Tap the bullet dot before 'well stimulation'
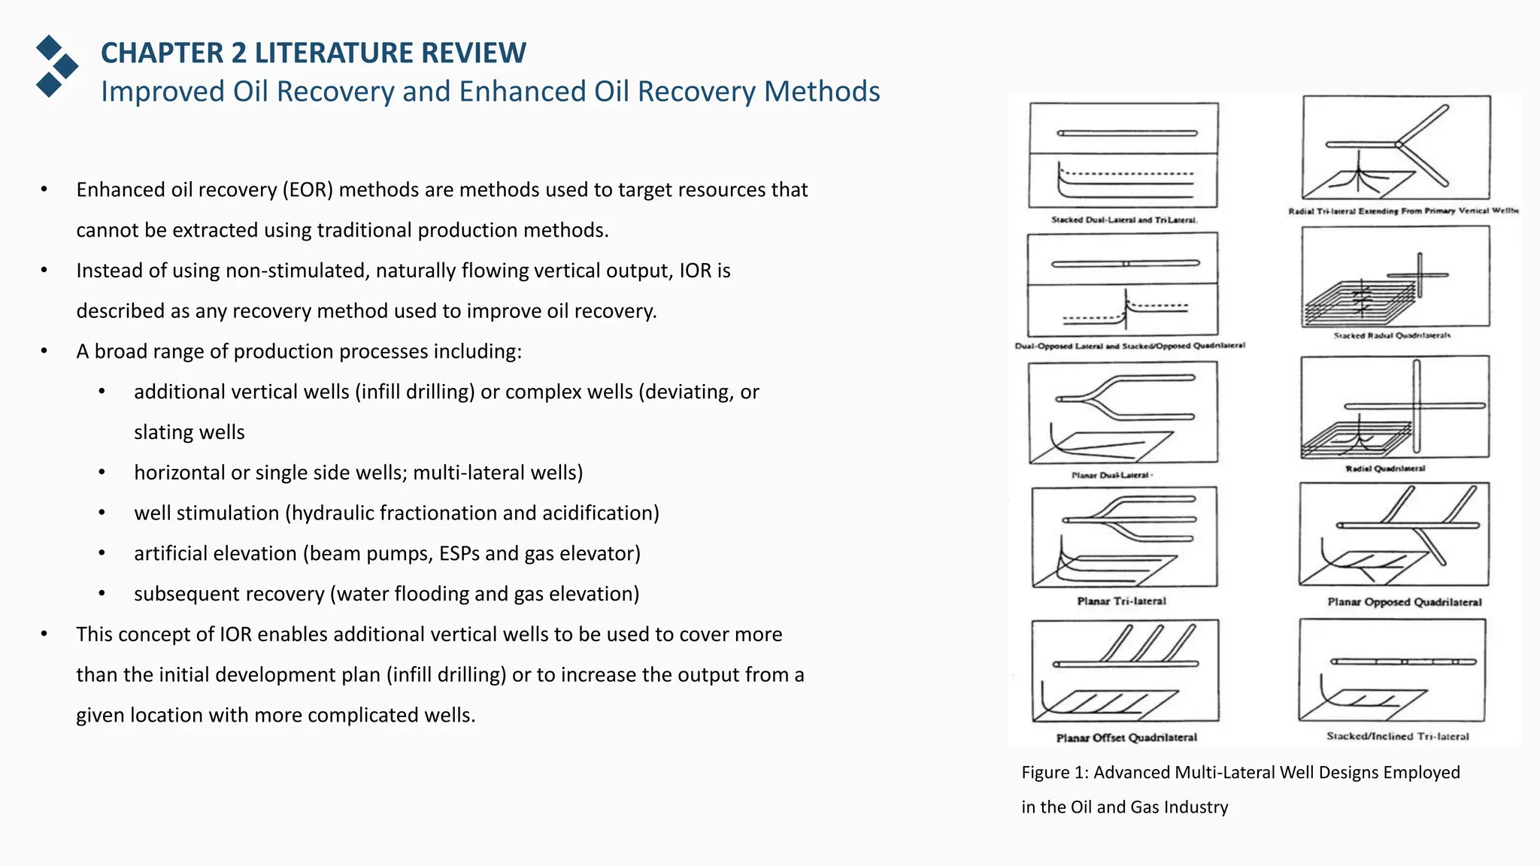[x=102, y=513]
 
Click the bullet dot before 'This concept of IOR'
[x=44, y=634]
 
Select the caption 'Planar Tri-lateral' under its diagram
[x=1121, y=601]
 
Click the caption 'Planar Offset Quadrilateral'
[x=1126, y=737]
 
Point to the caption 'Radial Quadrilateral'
[x=1385, y=468]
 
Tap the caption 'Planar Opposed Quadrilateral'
[x=1404, y=602]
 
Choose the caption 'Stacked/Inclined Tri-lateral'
[x=1397, y=737]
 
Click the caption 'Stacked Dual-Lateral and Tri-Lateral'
[x=1124, y=220]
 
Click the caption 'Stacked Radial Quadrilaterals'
[x=1392, y=335]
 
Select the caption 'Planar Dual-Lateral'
[x=1111, y=475]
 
